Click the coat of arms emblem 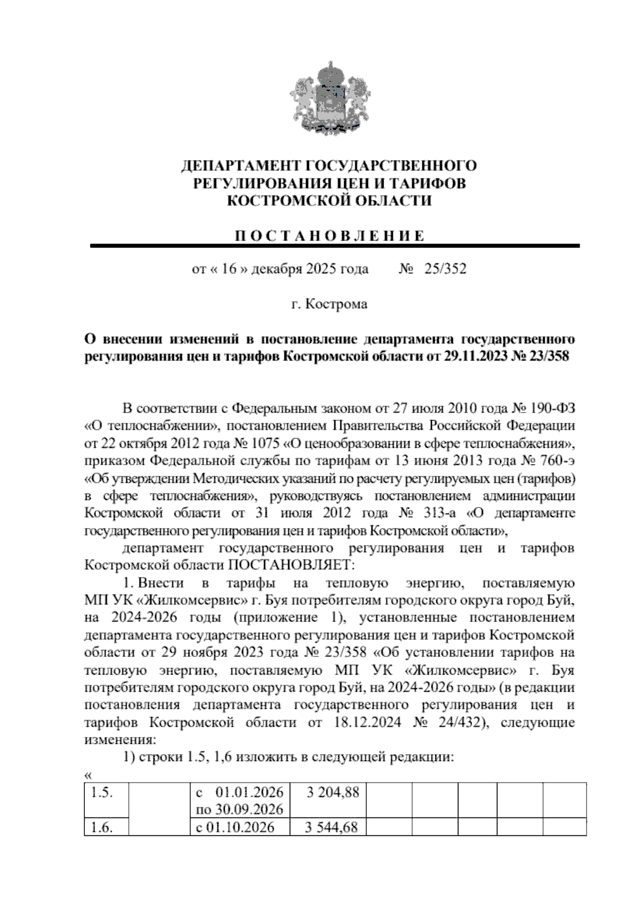click(x=328, y=99)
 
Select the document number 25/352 click(x=445, y=269)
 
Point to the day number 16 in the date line click(x=229, y=269)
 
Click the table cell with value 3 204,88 click(x=332, y=793)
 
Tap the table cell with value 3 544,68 click(x=332, y=827)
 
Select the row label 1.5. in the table click(x=102, y=793)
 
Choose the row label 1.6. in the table click(x=102, y=827)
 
